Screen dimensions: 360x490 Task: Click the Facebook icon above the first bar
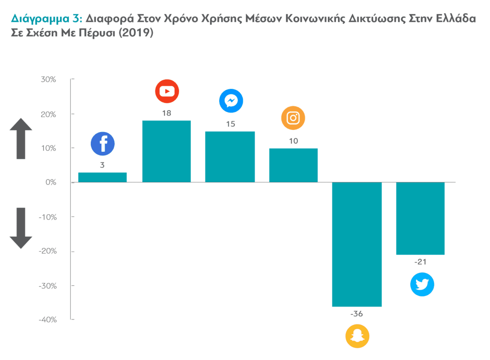click(x=103, y=144)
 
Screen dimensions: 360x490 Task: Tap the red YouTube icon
click(x=167, y=91)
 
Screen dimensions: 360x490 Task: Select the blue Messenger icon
click(x=231, y=101)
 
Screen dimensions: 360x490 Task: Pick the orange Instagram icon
click(x=293, y=118)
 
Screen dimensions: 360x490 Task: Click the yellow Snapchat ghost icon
click(x=357, y=337)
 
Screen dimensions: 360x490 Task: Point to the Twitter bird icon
click(x=422, y=285)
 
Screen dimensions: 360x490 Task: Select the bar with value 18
click(x=167, y=151)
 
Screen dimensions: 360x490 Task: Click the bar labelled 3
click(x=102, y=177)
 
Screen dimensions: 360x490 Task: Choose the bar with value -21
click(x=421, y=218)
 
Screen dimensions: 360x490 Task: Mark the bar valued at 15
click(x=230, y=157)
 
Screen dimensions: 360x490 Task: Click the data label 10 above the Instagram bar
click(x=293, y=141)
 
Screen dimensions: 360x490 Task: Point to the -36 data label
click(x=356, y=314)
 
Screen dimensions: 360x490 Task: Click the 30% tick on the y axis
click(x=48, y=79)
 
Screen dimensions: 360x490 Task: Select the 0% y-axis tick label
click(x=50, y=183)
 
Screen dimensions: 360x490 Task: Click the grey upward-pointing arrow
click(x=21, y=138)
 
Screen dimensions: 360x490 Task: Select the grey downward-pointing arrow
click(x=21, y=228)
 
